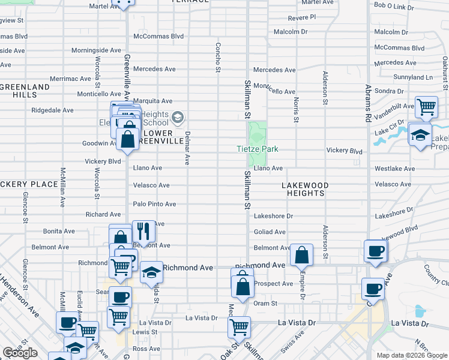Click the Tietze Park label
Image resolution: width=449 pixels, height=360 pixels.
257,149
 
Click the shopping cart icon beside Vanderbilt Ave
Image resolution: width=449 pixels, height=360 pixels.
426,107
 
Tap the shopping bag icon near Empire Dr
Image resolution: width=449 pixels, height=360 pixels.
301,255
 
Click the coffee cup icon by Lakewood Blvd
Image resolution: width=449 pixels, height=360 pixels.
376,251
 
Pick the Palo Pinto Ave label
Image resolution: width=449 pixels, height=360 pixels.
154,204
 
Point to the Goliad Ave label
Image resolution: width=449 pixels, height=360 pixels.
270,231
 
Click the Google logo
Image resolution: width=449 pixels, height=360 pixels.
20,352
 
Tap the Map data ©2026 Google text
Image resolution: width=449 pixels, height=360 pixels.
411,355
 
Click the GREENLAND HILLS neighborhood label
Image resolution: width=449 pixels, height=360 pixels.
25,91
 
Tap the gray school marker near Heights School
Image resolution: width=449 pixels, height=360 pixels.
177,116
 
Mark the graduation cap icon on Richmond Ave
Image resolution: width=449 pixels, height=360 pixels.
152,272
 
